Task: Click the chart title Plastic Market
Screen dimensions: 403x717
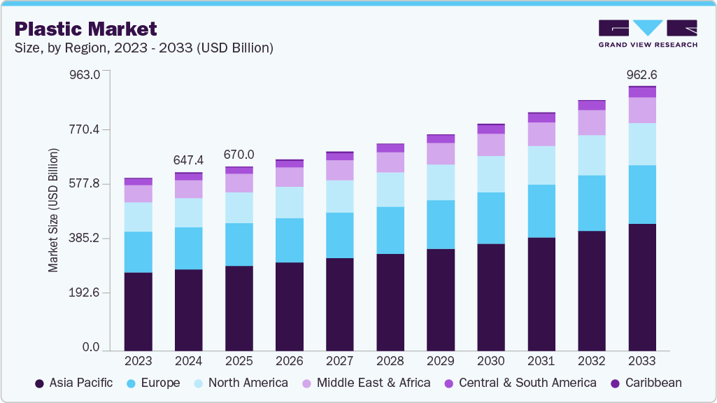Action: click(x=85, y=29)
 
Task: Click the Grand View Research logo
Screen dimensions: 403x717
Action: click(x=647, y=34)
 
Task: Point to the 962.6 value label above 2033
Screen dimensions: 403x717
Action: click(x=641, y=75)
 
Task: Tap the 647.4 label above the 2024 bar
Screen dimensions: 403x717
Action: click(x=188, y=160)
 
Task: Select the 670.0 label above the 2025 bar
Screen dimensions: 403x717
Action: click(x=239, y=155)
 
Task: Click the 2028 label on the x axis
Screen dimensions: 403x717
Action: click(x=390, y=361)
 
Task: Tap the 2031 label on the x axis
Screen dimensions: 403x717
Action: click(x=541, y=361)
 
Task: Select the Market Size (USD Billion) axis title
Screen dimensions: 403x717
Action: click(x=53, y=210)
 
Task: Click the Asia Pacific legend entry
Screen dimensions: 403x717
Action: click(x=74, y=383)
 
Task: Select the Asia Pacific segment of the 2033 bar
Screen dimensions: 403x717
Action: click(x=641, y=287)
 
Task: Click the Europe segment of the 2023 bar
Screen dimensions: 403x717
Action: click(x=138, y=252)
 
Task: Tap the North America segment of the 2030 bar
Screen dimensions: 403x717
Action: click(x=490, y=174)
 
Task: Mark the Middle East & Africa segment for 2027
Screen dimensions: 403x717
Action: click(x=339, y=170)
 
